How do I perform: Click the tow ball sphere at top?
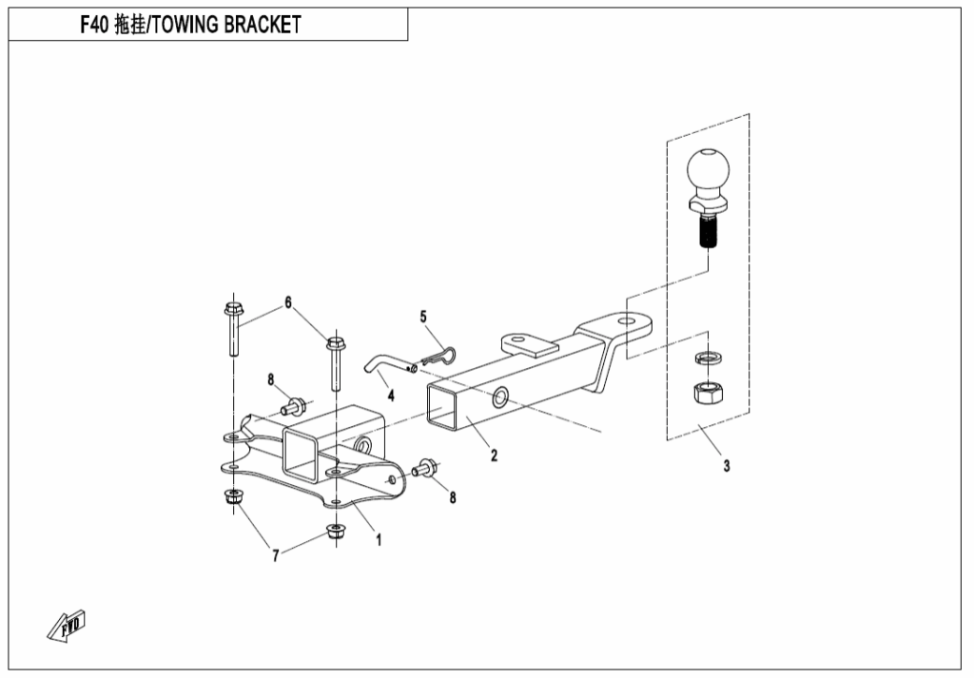pos(708,173)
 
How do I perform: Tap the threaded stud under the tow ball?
pos(708,231)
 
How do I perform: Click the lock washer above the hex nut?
pos(707,358)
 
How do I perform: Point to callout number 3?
pos(727,466)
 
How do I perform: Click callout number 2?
pos(494,455)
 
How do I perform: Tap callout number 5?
pos(423,316)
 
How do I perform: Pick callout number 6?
pos(287,303)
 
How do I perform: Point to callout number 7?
pos(276,556)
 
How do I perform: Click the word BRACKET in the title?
pos(260,25)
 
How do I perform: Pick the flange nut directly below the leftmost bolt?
pos(231,496)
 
